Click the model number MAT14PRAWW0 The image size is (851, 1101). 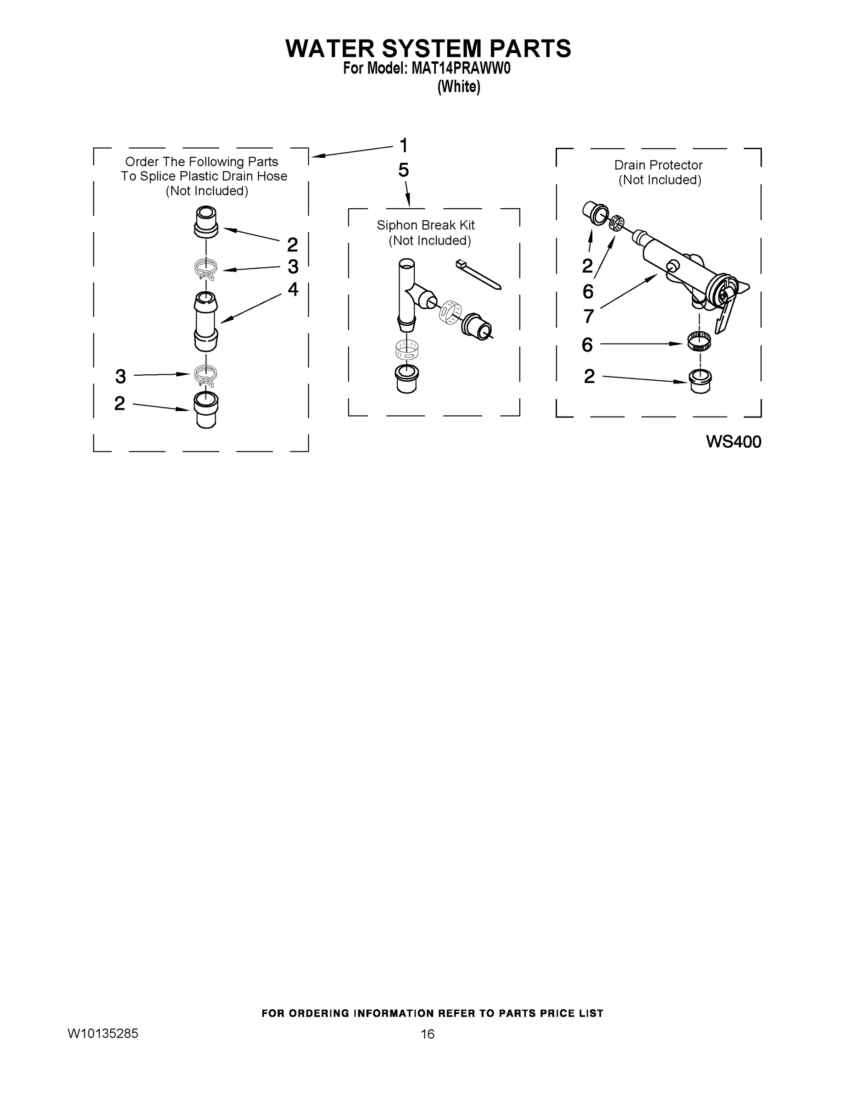click(x=461, y=68)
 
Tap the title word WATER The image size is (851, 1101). click(x=330, y=49)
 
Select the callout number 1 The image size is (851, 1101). click(x=403, y=146)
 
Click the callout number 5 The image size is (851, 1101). click(x=403, y=170)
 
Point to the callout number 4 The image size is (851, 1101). click(x=293, y=289)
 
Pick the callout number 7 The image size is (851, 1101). click(x=588, y=317)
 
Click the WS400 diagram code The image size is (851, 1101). click(x=734, y=442)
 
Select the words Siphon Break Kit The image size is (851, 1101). click(x=426, y=225)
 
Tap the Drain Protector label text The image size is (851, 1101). click(x=658, y=165)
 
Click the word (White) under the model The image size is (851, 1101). click(x=458, y=87)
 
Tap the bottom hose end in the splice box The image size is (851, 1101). click(x=206, y=409)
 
